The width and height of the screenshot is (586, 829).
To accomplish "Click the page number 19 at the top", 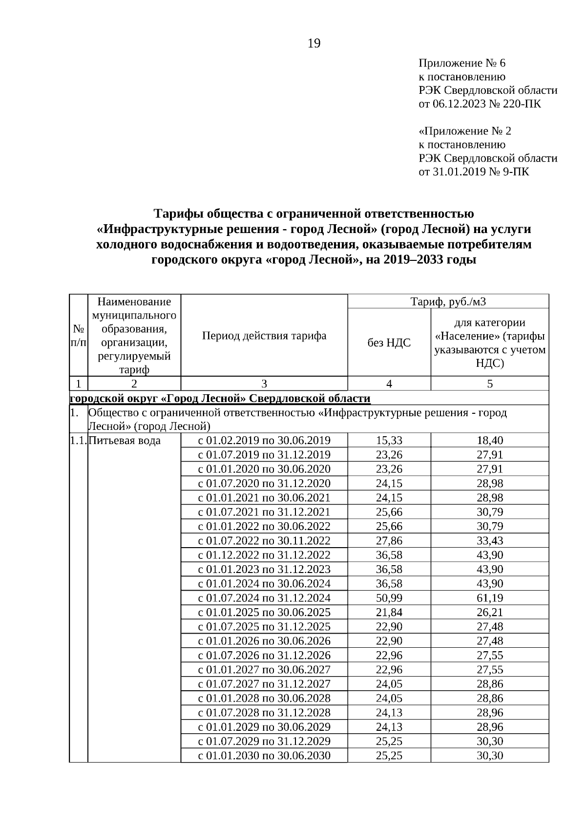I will [x=314, y=44].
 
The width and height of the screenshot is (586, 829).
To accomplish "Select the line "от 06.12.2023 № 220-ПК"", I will [x=480, y=104].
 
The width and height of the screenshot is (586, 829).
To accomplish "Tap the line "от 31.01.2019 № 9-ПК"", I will [x=473, y=172].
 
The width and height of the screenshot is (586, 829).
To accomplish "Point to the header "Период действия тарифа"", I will [x=264, y=336].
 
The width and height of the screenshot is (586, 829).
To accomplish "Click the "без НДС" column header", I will [x=389, y=342].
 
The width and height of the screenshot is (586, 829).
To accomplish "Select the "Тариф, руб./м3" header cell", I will [x=448, y=301].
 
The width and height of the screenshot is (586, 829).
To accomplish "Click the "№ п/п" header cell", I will [x=78, y=336].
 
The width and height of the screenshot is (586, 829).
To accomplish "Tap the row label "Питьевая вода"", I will [x=125, y=441].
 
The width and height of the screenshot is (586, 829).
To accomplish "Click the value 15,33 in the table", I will [x=389, y=441].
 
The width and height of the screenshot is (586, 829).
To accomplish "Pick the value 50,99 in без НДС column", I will [x=389, y=598].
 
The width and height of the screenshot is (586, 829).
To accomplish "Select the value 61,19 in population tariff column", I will [x=489, y=598].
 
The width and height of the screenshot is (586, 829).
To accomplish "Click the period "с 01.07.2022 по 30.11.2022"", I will [x=264, y=541].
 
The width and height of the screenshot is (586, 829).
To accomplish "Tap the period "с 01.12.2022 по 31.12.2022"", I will [x=264, y=555].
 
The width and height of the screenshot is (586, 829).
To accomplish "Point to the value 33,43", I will [x=489, y=541].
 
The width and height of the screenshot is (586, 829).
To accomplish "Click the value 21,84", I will [x=389, y=612].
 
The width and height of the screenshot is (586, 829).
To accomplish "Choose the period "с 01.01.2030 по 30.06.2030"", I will [x=264, y=755].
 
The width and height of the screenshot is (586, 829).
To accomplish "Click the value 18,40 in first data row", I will [x=489, y=441].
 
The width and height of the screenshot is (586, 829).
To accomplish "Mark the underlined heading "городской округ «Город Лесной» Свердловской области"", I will [x=220, y=399].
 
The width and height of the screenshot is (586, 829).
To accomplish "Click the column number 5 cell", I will [x=489, y=384].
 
